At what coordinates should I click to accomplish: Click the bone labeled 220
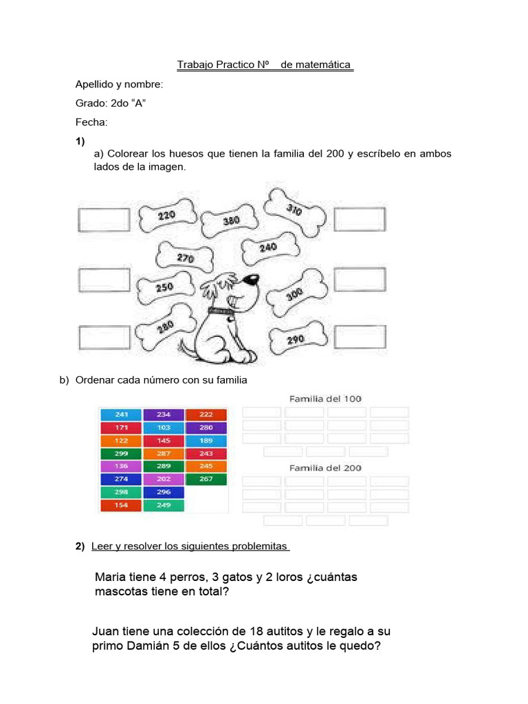click(x=166, y=216)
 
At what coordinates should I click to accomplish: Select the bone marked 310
click(x=293, y=209)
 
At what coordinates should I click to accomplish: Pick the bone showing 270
click(x=186, y=258)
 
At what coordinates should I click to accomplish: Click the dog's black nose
click(x=254, y=280)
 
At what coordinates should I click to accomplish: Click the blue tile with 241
click(x=121, y=415)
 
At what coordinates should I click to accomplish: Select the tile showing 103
click(x=164, y=428)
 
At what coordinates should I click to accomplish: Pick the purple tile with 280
click(x=206, y=428)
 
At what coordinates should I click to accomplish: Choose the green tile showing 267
click(x=206, y=479)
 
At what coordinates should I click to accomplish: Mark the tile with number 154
click(x=121, y=505)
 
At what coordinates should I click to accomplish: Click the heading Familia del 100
click(x=325, y=399)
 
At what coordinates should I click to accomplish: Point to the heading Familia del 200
click(x=325, y=468)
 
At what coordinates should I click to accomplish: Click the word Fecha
click(x=91, y=122)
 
